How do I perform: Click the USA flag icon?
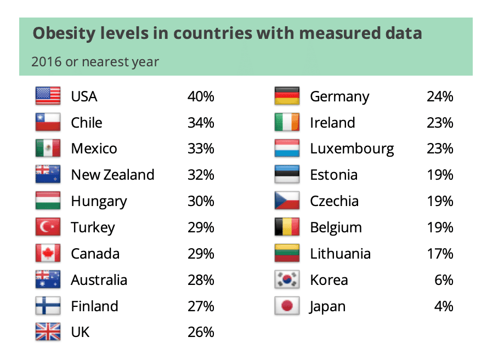(x=48, y=96)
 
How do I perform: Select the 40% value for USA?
(x=200, y=97)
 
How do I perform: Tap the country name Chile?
(x=87, y=123)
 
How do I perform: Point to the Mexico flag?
(x=48, y=148)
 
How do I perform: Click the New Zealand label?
(x=112, y=175)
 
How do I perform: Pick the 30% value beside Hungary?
(x=200, y=201)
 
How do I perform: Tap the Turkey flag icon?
(x=48, y=227)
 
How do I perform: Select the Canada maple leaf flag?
(x=48, y=253)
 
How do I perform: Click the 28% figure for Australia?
(x=200, y=280)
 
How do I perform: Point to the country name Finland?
(x=94, y=306)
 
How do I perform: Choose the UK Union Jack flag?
(x=48, y=332)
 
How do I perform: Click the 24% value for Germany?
(x=440, y=97)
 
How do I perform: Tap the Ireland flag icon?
(x=287, y=123)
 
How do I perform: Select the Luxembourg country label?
(x=352, y=148)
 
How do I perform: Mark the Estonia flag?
(x=287, y=175)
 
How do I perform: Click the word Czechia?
(x=334, y=201)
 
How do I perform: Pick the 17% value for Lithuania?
(x=440, y=254)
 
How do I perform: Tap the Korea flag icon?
(x=287, y=280)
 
